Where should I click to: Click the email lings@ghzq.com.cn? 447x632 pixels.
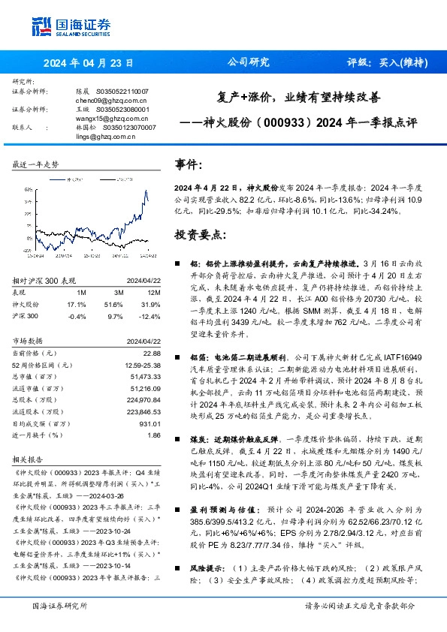coord(101,137)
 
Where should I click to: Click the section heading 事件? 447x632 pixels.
coord(189,164)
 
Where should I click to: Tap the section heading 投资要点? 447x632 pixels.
coord(200,234)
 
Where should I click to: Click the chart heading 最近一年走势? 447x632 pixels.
coord(36,164)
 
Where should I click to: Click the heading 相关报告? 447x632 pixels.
coord(28,457)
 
